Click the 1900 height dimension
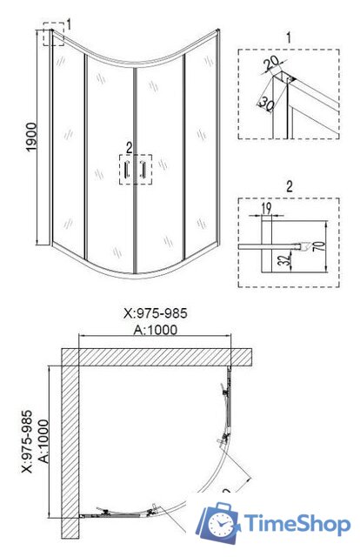(x=18, y=138)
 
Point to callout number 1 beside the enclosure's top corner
(x=70, y=21)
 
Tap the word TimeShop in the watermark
(x=298, y=524)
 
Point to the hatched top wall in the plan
(x=157, y=357)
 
